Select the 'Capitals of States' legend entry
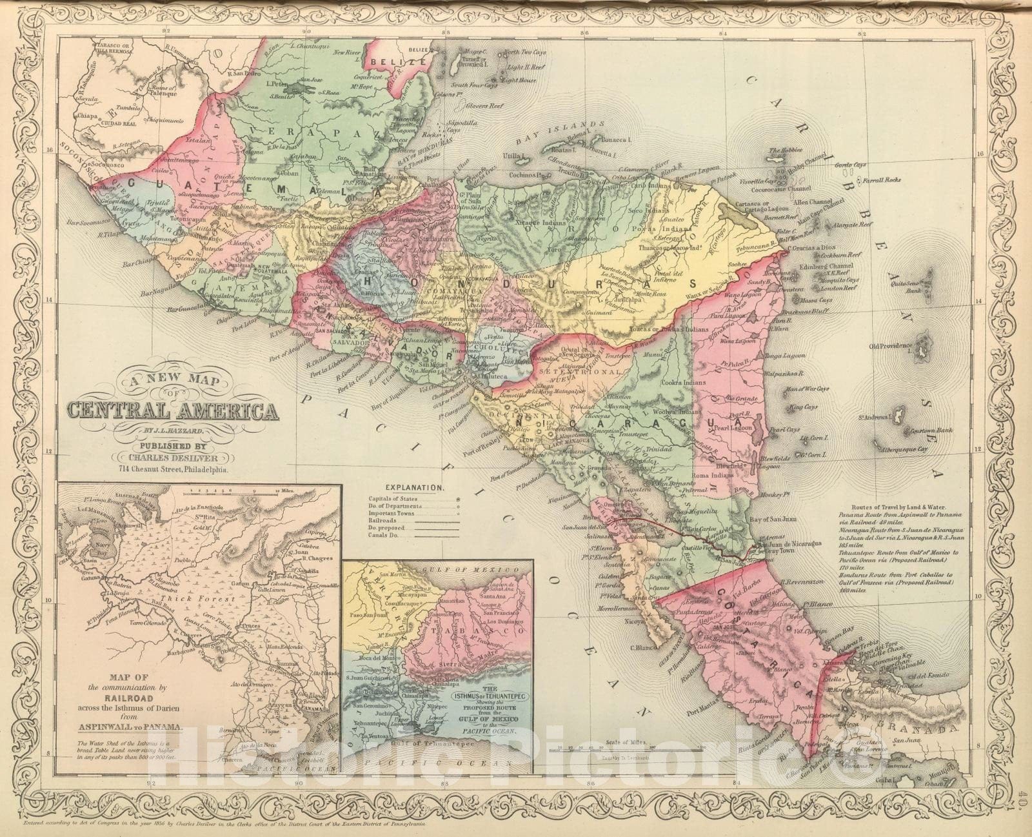click(x=393, y=499)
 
